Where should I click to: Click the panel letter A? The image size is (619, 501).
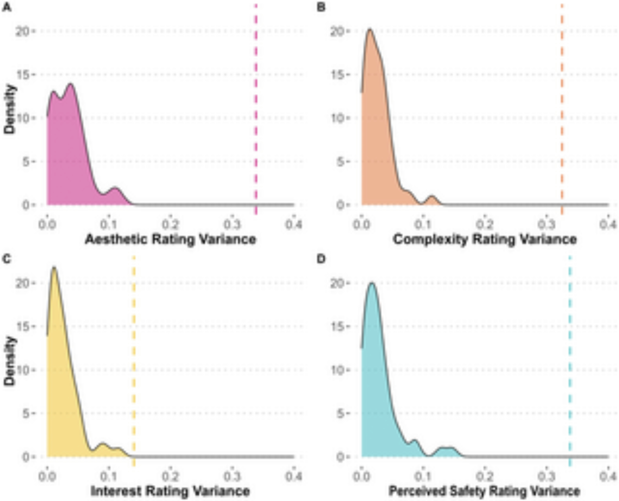7,7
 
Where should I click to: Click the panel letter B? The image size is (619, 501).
321,7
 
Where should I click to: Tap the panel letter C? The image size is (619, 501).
7,259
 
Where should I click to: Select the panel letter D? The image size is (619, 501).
321,259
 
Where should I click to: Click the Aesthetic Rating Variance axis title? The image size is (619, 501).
171,239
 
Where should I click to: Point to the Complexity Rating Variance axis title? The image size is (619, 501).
485,239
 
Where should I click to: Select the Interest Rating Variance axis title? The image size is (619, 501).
170,491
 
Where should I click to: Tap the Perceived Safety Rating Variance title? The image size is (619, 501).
484,491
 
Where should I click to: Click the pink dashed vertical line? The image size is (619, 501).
256,108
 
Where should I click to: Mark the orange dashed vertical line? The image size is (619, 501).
562,108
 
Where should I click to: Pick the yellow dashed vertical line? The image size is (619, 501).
134,359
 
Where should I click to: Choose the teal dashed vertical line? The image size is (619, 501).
570,359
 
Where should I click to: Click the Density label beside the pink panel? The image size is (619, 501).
10,109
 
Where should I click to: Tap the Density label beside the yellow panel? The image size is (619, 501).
10,361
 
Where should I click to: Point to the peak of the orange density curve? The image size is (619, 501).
370,29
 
